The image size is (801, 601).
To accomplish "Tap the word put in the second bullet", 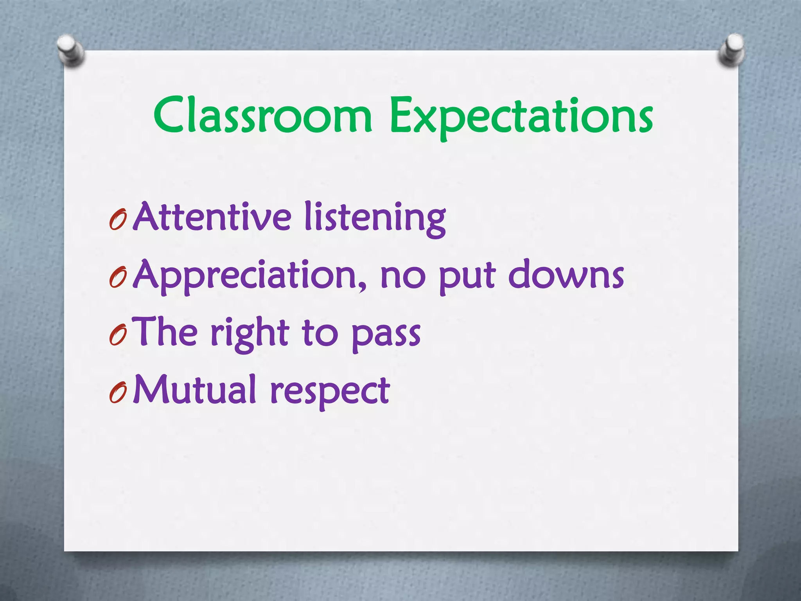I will tap(467, 277).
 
